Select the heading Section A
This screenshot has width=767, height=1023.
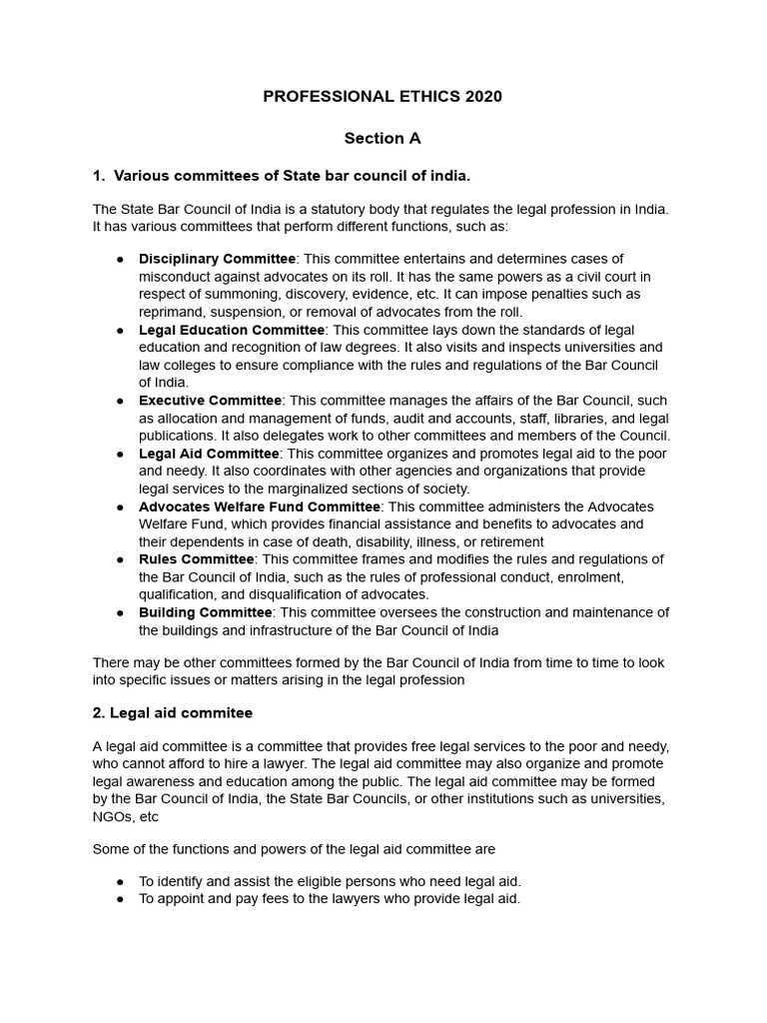click(383, 138)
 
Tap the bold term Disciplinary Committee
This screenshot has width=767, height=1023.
click(217, 259)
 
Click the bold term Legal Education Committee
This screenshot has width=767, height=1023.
click(232, 330)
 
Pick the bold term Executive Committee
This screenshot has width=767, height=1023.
click(211, 401)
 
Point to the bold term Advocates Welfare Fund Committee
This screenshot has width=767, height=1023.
click(259, 507)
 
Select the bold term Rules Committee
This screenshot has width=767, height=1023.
click(196, 559)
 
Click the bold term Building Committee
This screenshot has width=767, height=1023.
click(205, 612)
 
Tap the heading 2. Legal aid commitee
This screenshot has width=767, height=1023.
click(173, 713)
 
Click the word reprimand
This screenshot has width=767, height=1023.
click(171, 312)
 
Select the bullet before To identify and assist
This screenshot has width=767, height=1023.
click(120, 881)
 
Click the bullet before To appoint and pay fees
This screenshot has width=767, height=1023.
click(120, 899)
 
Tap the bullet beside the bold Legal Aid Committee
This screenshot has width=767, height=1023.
click(120, 454)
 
